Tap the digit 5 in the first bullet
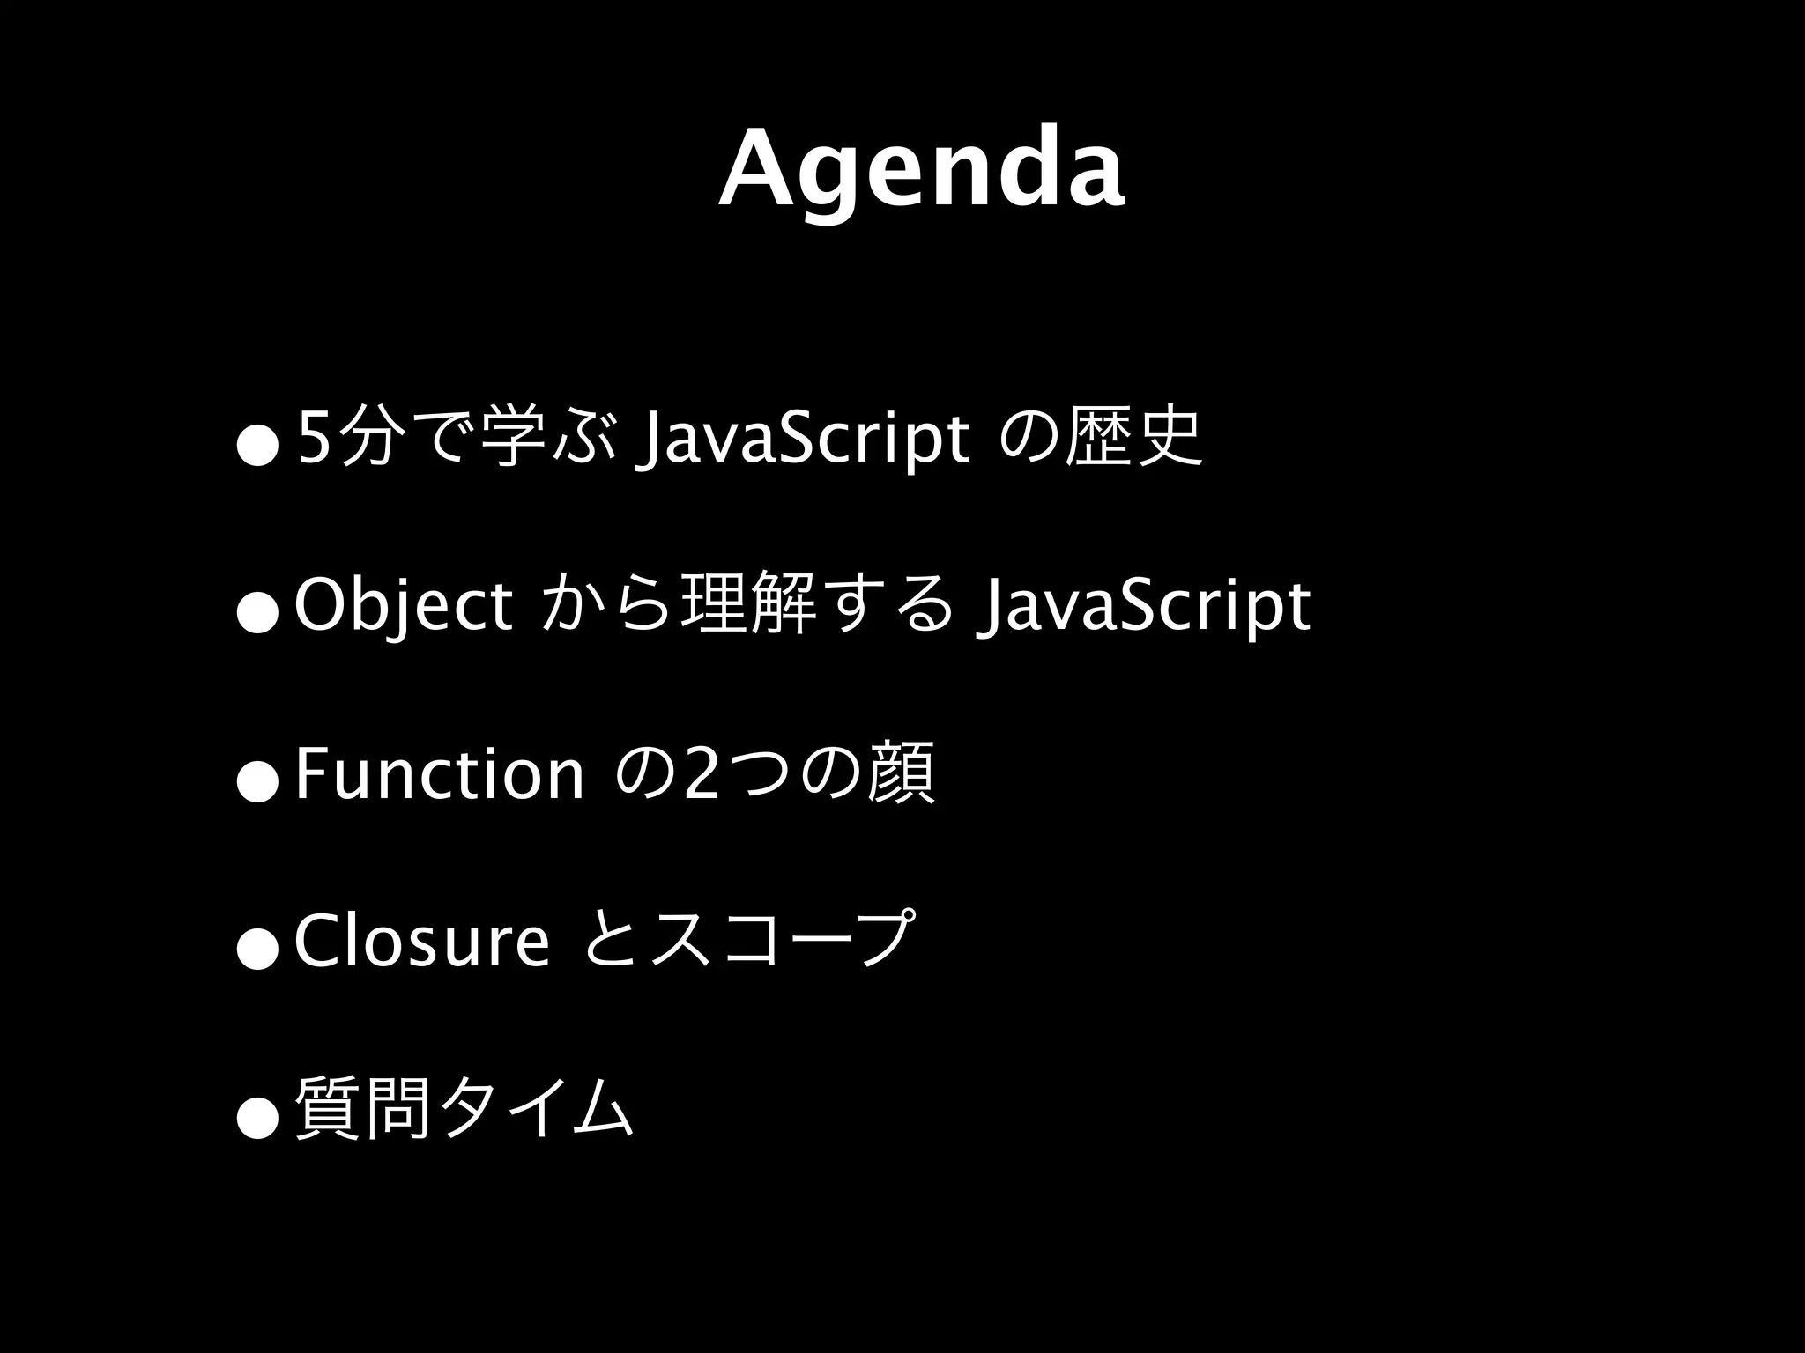click(x=312, y=438)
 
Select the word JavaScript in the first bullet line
click(x=807, y=439)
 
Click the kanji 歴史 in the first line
click(x=1133, y=438)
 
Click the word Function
click(x=439, y=773)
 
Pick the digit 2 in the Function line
click(x=702, y=774)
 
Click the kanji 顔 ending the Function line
click(x=901, y=773)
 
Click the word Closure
click(x=421, y=941)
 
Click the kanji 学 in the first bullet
click(x=516, y=438)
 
